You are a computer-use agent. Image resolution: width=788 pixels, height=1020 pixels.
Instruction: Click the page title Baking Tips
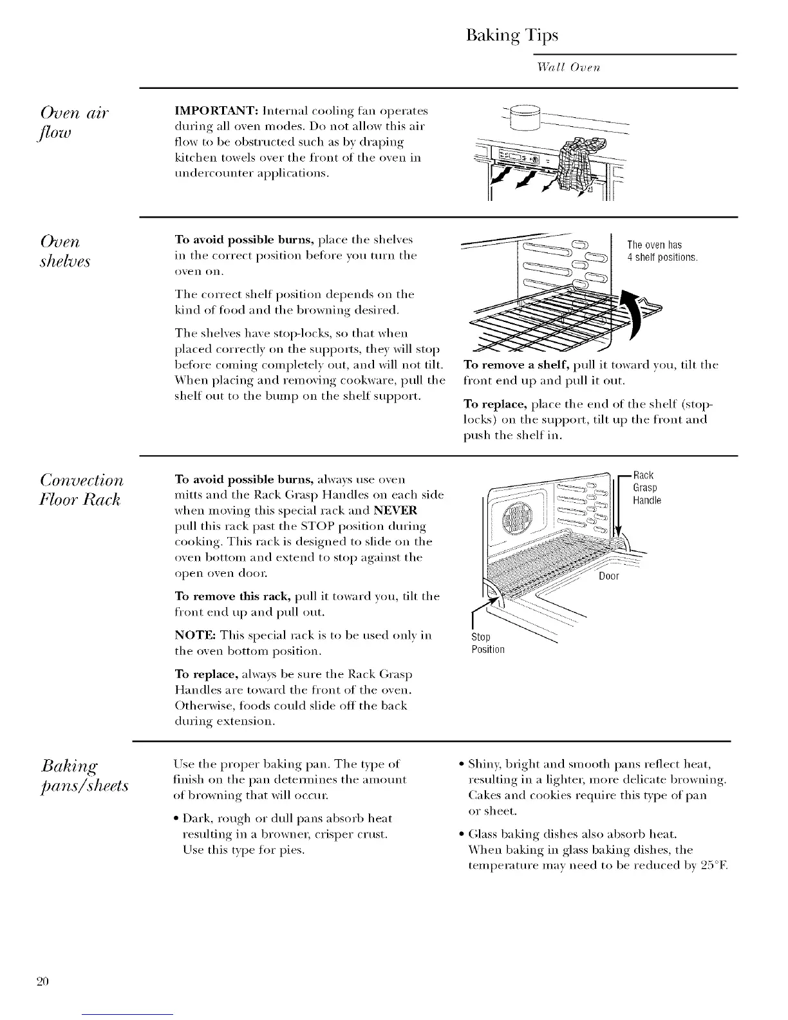[511, 35]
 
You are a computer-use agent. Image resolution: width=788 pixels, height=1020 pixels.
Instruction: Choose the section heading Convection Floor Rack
[82, 489]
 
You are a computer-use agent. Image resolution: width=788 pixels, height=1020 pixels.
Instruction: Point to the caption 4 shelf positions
[662, 258]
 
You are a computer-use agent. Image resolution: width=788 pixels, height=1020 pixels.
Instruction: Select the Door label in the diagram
[608, 576]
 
